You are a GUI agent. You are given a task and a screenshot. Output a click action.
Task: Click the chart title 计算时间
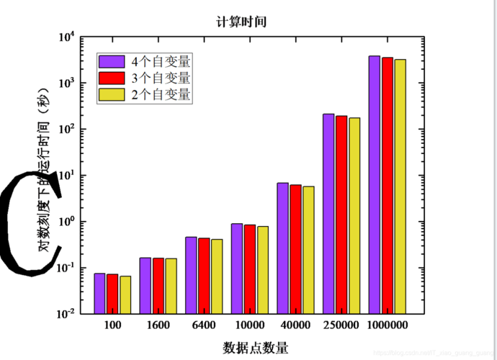(x=242, y=22)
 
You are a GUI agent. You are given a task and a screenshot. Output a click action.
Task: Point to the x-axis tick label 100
(x=112, y=325)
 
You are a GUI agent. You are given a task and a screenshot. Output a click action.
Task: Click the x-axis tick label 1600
(x=158, y=325)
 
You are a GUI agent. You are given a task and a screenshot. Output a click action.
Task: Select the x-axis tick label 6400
(x=204, y=325)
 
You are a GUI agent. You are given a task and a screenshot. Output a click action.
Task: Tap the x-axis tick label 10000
(x=249, y=325)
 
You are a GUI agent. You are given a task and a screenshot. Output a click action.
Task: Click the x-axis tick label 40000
(x=295, y=325)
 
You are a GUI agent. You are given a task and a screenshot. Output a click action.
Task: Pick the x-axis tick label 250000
(x=341, y=325)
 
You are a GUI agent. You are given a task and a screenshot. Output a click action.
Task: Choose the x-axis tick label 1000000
(x=387, y=325)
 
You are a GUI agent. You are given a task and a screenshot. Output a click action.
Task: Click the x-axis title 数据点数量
(x=256, y=348)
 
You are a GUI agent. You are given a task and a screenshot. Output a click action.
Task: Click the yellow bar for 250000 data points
(x=354, y=215)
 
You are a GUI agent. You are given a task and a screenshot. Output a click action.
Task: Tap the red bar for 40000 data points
(x=296, y=249)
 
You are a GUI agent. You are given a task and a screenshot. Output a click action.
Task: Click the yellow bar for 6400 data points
(x=217, y=276)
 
